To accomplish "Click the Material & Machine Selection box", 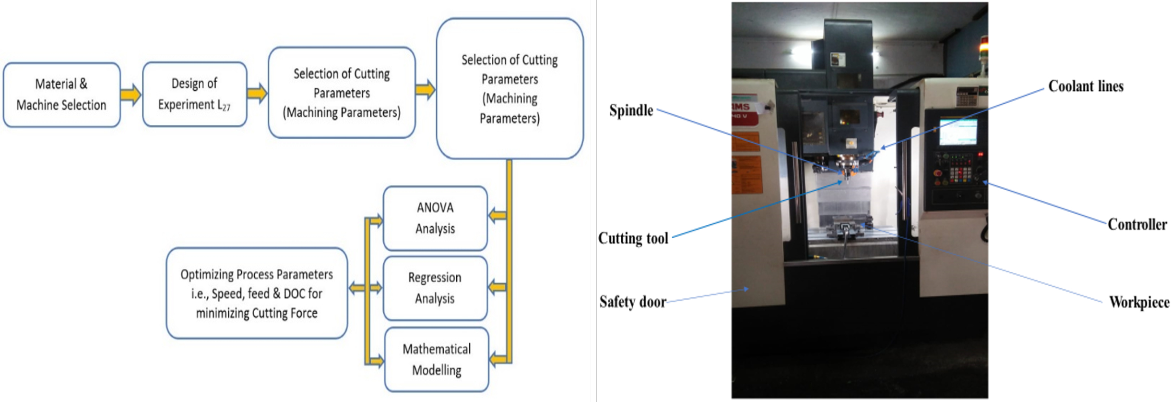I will coord(61,95).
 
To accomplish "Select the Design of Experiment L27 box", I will coord(194,94).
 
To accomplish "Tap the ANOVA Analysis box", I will coord(435,218).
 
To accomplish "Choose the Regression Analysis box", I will coord(435,288).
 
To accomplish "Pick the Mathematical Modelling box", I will coord(436,359).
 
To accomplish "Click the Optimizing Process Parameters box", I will coord(256,293).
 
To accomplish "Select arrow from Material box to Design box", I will coord(130,94).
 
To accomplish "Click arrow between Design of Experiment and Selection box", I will coord(257,93).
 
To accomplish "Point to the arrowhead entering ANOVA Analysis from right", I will coord(497,215).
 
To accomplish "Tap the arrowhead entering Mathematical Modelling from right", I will coord(498,359).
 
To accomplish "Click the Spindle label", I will coord(631,110).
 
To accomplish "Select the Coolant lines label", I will coord(1085,86).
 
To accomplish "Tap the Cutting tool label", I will coord(633,238).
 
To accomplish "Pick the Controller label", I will coord(1137,224).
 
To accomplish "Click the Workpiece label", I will coord(1139,302).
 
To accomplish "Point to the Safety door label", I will coord(632,302).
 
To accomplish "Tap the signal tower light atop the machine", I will coord(983,46).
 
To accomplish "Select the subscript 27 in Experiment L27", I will coord(226,108).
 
